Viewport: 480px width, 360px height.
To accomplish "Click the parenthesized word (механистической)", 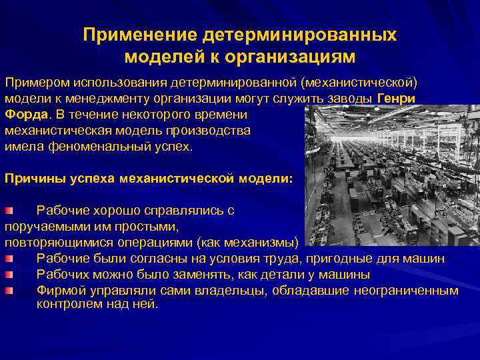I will (x=359, y=82).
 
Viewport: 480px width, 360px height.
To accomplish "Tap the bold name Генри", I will (x=396, y=98).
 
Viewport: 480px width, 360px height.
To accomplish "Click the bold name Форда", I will (x=25, y=114).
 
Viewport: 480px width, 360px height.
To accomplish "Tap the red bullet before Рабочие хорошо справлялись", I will (x=9, y=211).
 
